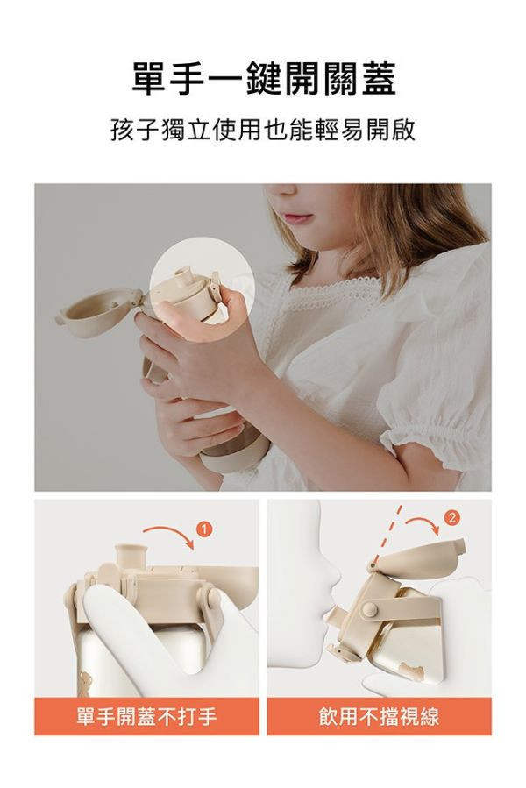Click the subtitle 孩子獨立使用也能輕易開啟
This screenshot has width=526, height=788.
pyautogui.click(x=263, y=132)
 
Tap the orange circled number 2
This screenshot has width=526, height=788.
pyautogui.click(x=451, y=518)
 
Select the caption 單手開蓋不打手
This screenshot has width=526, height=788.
pyautogui.click(x=146, y=717)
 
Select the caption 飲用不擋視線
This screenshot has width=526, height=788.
pyautogui.click(x=379, y=717)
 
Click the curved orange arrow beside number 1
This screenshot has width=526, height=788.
pyautogui.click(x=169, y=532)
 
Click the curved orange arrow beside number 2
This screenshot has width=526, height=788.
pyautogui.click(x=422, y=524)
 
